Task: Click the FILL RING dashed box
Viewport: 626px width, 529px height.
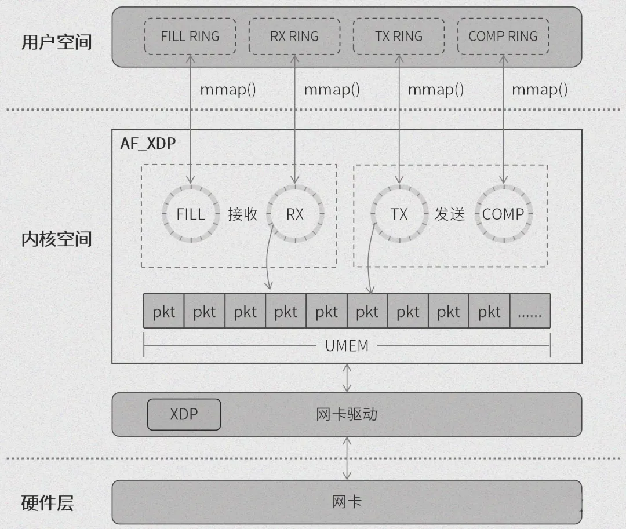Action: pos(190,37)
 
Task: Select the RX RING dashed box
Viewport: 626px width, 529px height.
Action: pos(294,37)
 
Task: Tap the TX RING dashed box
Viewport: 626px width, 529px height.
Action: pos(399,37)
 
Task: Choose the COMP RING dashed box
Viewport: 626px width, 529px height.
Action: pos(503,37)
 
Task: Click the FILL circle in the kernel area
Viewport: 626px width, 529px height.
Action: pos(191,214)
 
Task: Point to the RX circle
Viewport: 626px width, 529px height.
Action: pos(295,214)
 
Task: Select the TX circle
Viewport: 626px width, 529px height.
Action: pos(399,214)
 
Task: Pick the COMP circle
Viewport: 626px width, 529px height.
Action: pos(503,214)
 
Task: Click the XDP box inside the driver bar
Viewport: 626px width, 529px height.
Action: pos(184,414)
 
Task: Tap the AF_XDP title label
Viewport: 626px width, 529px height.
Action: pos(148,143)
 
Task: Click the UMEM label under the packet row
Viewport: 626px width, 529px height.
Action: pos(347,346)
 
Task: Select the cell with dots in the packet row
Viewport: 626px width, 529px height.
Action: pos(530,312)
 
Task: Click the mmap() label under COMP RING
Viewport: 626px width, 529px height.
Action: pos(540,90)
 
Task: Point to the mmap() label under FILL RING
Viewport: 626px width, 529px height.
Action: pos(228,90)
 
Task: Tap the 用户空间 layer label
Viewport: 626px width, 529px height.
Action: pos(56,42)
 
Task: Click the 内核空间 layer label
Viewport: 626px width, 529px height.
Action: pos(56,239)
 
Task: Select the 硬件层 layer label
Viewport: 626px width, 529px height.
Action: pos(48,503)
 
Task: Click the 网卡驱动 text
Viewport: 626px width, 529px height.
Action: pos(347,414)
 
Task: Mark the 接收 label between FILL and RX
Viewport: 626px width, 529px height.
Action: pos(243,214)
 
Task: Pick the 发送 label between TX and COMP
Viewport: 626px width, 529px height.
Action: pos(450,214)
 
